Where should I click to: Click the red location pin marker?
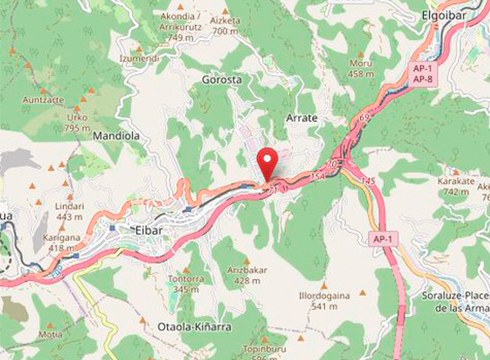point(267,163)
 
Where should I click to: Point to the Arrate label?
point(301,118)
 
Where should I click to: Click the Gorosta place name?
point(221,79)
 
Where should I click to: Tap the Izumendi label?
point(140,59)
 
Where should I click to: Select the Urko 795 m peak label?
point(77,122)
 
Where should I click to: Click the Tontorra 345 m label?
point(188,283)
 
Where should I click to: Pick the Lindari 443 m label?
point(70,211)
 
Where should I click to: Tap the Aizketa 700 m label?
point(226,25)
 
